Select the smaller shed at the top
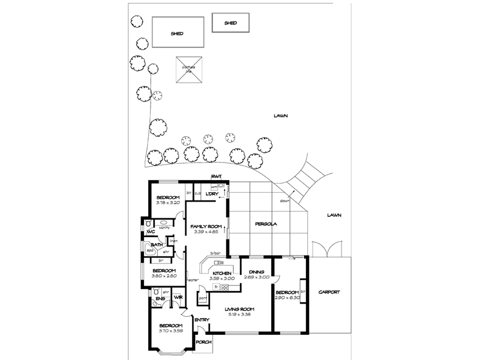pyautogui.click(x=230, y=23)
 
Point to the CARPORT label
pyautogui.click(x=328, y=292)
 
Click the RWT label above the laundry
pyautogui.click(x=217, y=176)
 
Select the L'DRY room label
pyautogui.click(x=211, y=193)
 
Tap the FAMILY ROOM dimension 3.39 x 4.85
pyautogui.click(x=206, y=232)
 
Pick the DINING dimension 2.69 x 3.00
pyautogui.click(x=256, y=277)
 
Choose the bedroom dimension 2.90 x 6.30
pyautogui.click(x=286, y=297)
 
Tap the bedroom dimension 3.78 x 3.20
pyautogui.click(x=168, y=203)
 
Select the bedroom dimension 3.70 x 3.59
pyautogui.click(x=170, y=331)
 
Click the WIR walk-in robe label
pyautogui.click(x=178, y=298)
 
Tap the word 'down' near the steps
pyautogui.click(x=284, y=201)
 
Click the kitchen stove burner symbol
pyautogui.click(x=224, y=287)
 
